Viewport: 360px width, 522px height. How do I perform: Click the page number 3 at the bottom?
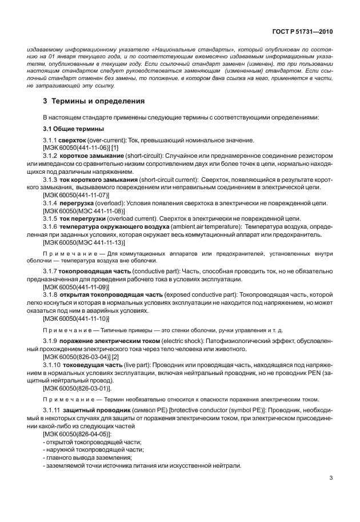pos(331,480)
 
